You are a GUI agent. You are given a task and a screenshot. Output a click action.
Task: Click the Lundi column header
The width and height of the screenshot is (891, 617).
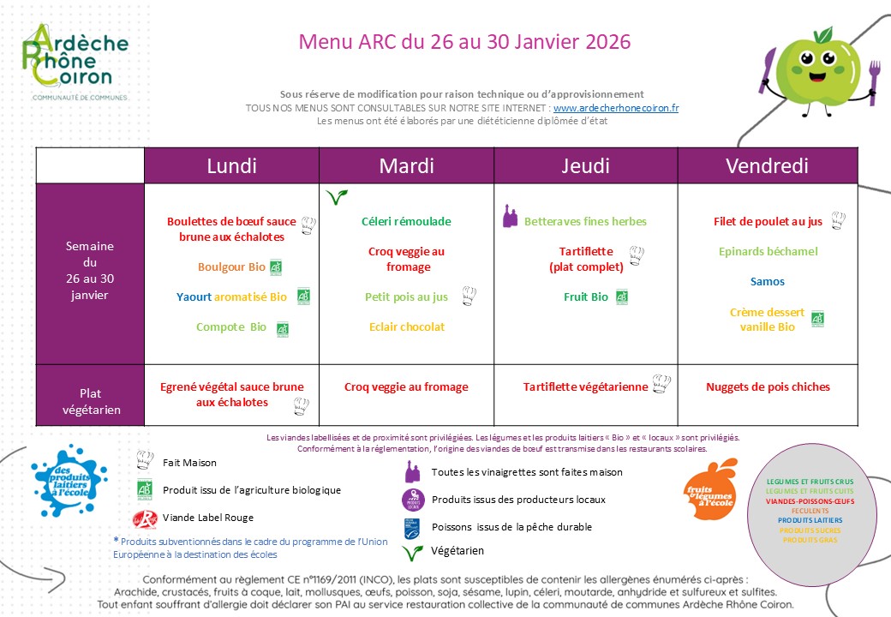(231, 165)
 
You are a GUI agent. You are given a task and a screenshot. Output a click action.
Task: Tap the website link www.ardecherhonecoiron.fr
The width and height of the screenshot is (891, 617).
(616, 108)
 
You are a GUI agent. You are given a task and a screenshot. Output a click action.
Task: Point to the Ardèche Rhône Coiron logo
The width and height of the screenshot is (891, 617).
(75, 63)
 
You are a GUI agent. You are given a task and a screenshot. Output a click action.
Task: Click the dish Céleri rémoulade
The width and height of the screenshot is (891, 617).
(406, 221)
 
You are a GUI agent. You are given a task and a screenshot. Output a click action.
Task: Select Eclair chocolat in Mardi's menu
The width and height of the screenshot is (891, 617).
(407, 326)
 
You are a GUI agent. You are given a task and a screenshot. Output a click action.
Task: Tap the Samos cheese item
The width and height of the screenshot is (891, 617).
(767, 281)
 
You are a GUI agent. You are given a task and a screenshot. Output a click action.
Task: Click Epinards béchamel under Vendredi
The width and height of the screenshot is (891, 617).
(768, 251)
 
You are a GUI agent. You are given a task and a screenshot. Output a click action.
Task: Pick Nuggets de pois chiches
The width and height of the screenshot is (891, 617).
(768, 386)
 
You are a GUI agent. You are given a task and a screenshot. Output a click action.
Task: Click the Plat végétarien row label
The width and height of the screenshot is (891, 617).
(90, 401)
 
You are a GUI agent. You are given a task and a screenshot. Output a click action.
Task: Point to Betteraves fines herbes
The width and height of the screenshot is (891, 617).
(585, 221)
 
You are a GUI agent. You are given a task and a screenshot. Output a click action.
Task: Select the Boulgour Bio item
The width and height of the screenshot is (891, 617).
(231, 267)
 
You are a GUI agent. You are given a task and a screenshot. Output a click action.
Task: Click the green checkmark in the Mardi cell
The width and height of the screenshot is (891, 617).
(336, 197)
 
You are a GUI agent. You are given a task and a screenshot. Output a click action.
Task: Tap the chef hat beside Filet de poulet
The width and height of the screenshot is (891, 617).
(838, 220)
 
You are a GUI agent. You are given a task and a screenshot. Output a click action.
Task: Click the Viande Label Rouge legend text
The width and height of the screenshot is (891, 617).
(208, 518)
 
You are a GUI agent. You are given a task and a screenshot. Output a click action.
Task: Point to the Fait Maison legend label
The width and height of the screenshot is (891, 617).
(189, 463)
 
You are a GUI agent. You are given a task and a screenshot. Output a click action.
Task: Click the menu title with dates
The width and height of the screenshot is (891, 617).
(464, 41)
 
